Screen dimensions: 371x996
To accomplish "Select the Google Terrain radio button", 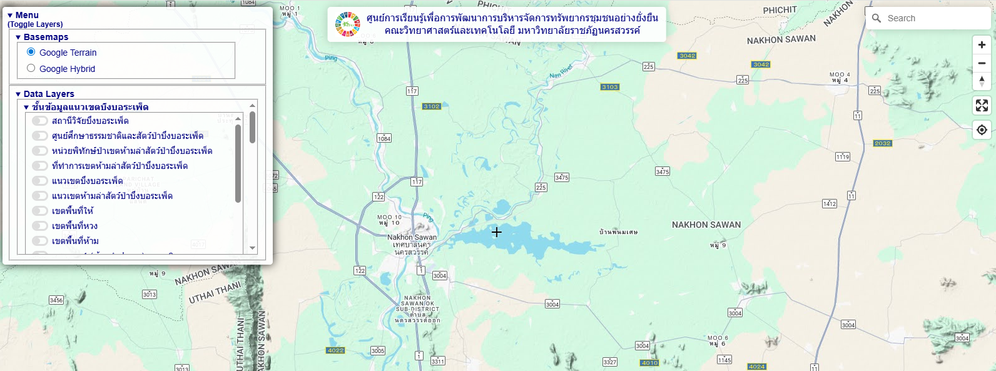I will click(x=31, y=52).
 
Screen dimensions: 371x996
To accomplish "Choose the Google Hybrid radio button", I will click(x=31, y=68).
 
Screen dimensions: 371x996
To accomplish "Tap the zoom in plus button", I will click(x=982, y=45).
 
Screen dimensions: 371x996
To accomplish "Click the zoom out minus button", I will click(x=982, y=63).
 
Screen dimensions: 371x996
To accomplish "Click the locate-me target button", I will click(x=982, y=130).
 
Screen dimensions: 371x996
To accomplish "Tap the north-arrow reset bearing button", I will click(x=982, y=81).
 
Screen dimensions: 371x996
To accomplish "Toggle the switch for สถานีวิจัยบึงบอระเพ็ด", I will click(x=40, y=121).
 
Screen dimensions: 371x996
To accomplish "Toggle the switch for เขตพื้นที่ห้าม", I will click(x=40, y=241).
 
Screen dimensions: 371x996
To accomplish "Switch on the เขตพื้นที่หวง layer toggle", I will click(x=40, y=226).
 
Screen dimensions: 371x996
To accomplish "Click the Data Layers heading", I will click(x=49, y=94).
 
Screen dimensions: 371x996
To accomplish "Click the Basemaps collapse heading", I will click(x=46, y=37).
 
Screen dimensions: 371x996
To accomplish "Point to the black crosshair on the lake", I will click(x=496, y=232).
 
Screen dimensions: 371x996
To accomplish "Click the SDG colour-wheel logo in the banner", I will click(x=348, y=24).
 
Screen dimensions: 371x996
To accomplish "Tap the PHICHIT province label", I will click(x=780, y=10).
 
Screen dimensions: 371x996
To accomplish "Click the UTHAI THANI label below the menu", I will click(x=215, y=293).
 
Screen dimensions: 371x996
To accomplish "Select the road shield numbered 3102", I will click(x=432, y=106).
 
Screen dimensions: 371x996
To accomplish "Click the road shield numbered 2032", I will click(x=883, y=143).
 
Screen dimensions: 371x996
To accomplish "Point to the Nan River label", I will click(x=561, y=72).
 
